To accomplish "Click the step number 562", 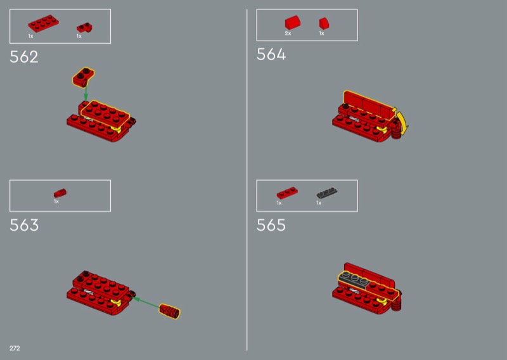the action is [24, 57].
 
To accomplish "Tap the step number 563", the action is [24, 225].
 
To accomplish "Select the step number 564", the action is [271, 55].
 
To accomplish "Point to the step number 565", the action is [271, 225].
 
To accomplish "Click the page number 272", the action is [15, 349].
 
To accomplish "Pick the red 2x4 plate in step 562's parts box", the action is [43, 23].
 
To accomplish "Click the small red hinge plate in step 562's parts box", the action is [85, 28].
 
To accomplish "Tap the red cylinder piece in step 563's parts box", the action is [60, 193].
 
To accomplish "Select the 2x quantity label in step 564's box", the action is [288, 34].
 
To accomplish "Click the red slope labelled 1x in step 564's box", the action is [324, 23].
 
